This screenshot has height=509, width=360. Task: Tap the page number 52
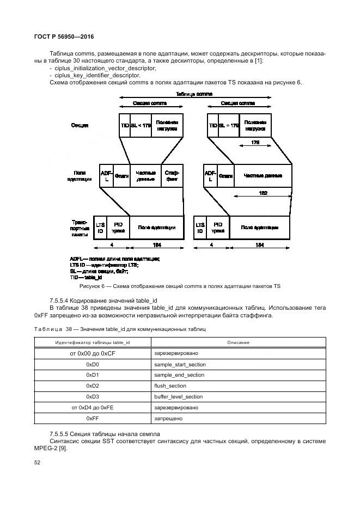(38, 462)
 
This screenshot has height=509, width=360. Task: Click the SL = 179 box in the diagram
(229, 125)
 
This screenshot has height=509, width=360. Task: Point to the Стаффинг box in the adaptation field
(172, 175)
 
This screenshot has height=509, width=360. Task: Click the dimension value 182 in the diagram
(263, 193)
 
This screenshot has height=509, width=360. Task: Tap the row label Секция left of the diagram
(80, 125)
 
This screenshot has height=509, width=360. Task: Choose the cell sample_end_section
(179, 375)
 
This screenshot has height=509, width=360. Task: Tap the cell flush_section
(170, 386)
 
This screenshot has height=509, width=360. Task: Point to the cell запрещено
(168, 419)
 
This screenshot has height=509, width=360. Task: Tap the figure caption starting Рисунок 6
(180, 286)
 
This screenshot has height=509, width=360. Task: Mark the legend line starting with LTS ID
(104, 265)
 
